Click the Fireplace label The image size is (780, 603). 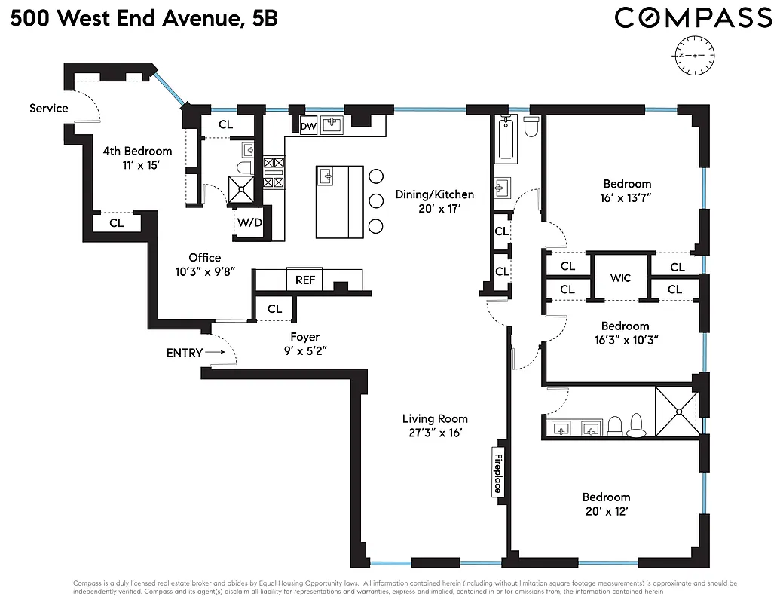pyautogui.click(x=497, y=473)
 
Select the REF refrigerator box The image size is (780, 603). pyautogui.click(x=305, y=280)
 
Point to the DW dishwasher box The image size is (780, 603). pyautogui.click(x=308, y=127)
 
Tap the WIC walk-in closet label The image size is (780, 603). pyautogui.click(x=619, y=278)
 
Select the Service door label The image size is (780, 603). pyautogui.click(x=49, y=108)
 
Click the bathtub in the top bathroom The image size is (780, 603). pyautogui.click(x=506, y=139)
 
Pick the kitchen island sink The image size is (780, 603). pyautogui.click(x=326, y=176)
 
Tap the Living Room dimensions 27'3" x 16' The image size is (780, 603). pyautogui.click(x=435, y=433)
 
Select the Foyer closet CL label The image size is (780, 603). pyautogui.click(x=274, y=309)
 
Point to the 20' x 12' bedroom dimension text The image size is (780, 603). pyautogui.click(x=606, y=511)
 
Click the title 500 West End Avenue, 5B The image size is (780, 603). pyautogui.click(x=144, y=18)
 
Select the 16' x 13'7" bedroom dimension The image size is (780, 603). pyautogui.click(x=626, y=197)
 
